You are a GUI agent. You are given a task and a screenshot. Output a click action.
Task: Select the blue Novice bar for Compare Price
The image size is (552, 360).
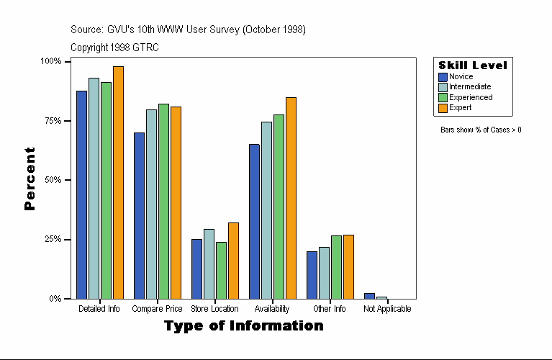point(139,215)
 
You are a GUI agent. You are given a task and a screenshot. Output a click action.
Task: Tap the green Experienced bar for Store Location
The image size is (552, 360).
point(221,270)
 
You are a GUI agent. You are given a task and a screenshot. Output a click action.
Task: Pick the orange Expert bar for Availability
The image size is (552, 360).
point(291,198)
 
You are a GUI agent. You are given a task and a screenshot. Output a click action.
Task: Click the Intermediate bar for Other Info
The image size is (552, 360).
point(324,273)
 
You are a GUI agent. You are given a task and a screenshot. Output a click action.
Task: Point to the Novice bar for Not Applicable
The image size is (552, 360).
point(369,295)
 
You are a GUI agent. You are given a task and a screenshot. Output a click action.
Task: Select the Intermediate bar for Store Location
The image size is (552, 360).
point(209,264)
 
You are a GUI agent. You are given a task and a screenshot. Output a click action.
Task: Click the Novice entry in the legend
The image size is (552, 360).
point(461,76)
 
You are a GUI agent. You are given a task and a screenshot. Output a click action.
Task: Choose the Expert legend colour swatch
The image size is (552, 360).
point(443,107)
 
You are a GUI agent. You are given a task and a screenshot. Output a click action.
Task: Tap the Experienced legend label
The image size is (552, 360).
point(471,97)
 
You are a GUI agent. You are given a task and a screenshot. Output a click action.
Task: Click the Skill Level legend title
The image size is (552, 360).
point(473,66)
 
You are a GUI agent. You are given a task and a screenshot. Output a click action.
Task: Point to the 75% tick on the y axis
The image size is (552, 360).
point(50,120)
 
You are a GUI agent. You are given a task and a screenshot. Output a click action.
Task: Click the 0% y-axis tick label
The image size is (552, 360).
point(55,298)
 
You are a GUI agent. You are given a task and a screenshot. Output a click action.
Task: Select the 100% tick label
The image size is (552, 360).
point(50,61)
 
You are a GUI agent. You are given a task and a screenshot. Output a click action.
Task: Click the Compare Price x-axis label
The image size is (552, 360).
point(157,309)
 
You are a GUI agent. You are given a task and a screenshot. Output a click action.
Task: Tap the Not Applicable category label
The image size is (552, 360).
point(387,309)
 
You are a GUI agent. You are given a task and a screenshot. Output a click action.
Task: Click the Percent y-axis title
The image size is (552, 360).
point(30,179)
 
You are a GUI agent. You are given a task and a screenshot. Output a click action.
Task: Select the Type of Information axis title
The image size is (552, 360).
point(243,326)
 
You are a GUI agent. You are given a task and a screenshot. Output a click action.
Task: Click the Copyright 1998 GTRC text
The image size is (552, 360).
point(114,48)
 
